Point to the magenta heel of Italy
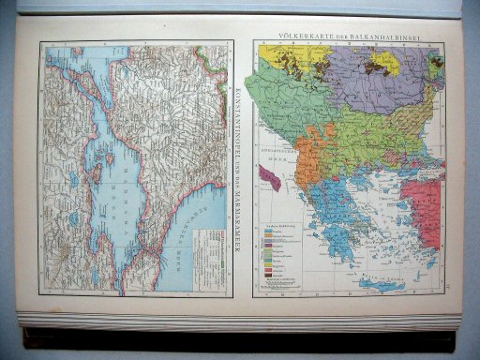tap(271, 179)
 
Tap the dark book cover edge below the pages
tap(234, 337)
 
